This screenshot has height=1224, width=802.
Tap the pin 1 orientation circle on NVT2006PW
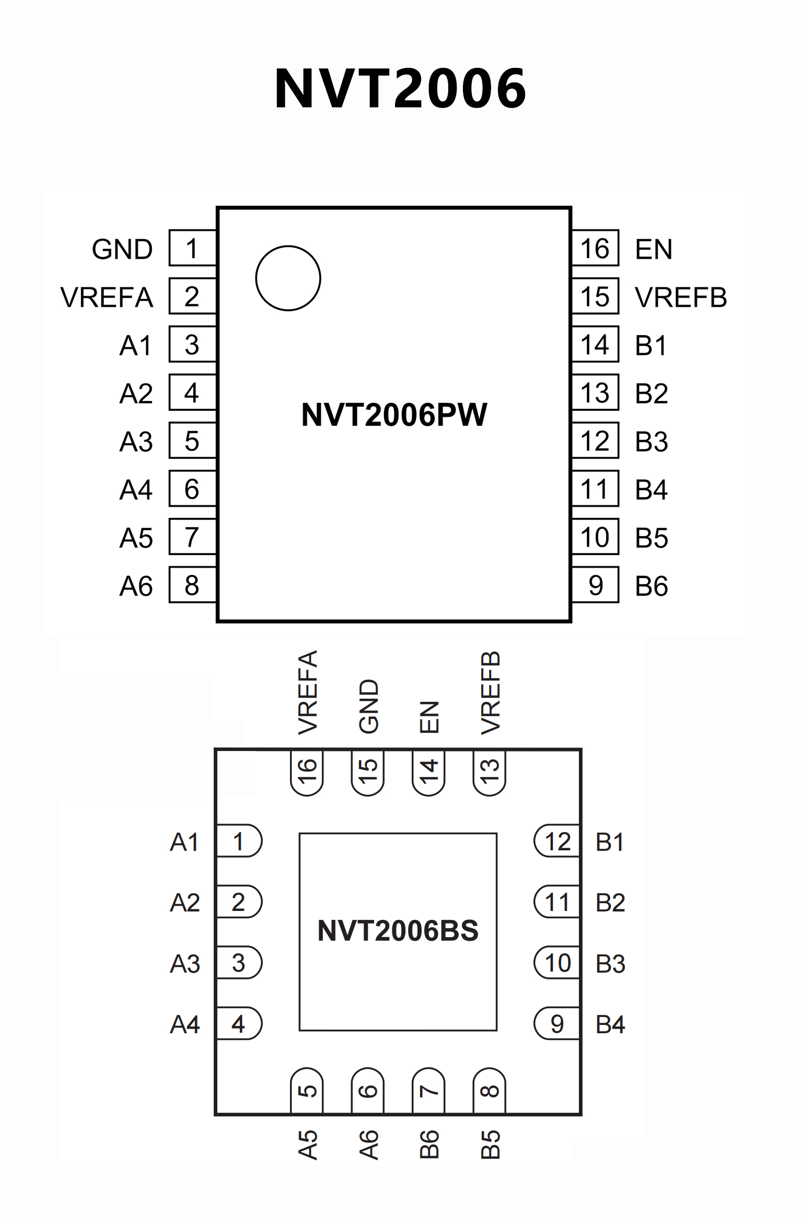point(288,278)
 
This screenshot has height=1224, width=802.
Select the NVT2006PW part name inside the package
point(394,415)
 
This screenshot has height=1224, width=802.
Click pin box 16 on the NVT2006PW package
point(595,248)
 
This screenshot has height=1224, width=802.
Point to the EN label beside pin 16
point(654,249)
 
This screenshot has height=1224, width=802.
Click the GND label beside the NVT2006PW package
point(122,249)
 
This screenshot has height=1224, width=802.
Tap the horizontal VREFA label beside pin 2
point(107,297)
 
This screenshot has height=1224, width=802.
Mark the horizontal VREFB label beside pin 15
point(681,297)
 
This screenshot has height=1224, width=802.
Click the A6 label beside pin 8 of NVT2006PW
point(136,586)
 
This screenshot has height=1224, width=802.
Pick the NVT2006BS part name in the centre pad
point(398,931)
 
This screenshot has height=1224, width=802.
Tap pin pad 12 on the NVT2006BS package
point(557,841)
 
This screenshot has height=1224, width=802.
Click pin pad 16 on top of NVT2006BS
point(307,772)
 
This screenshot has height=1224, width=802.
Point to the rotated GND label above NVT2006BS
point(368,706)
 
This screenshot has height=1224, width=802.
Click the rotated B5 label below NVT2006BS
point(490,1145)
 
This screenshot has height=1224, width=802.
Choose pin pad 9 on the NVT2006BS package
point(557,1023)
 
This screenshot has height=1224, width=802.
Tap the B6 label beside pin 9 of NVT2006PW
point(652,586)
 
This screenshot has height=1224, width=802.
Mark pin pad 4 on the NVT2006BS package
point(239,1023)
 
